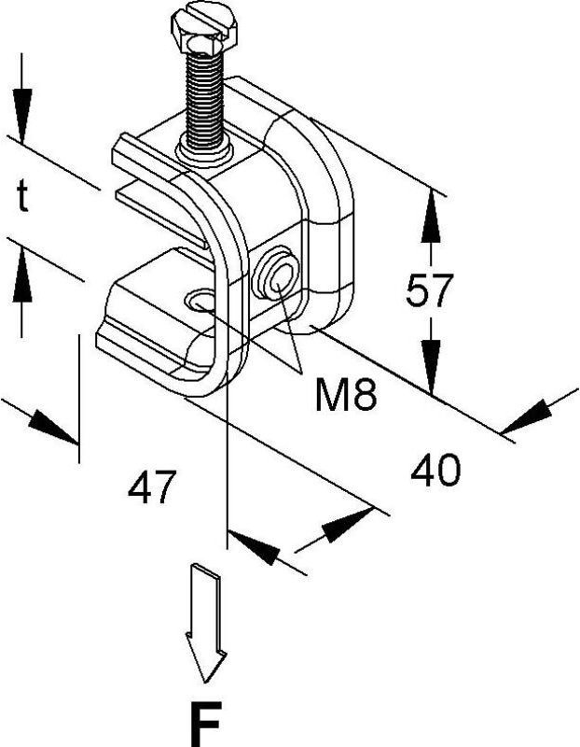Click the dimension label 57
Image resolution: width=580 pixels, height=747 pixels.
point(429,292)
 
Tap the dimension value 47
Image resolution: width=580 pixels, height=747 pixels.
point(151,486)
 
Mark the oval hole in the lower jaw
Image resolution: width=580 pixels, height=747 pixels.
point(200,301)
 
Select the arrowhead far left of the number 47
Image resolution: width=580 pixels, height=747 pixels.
point(51,425)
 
